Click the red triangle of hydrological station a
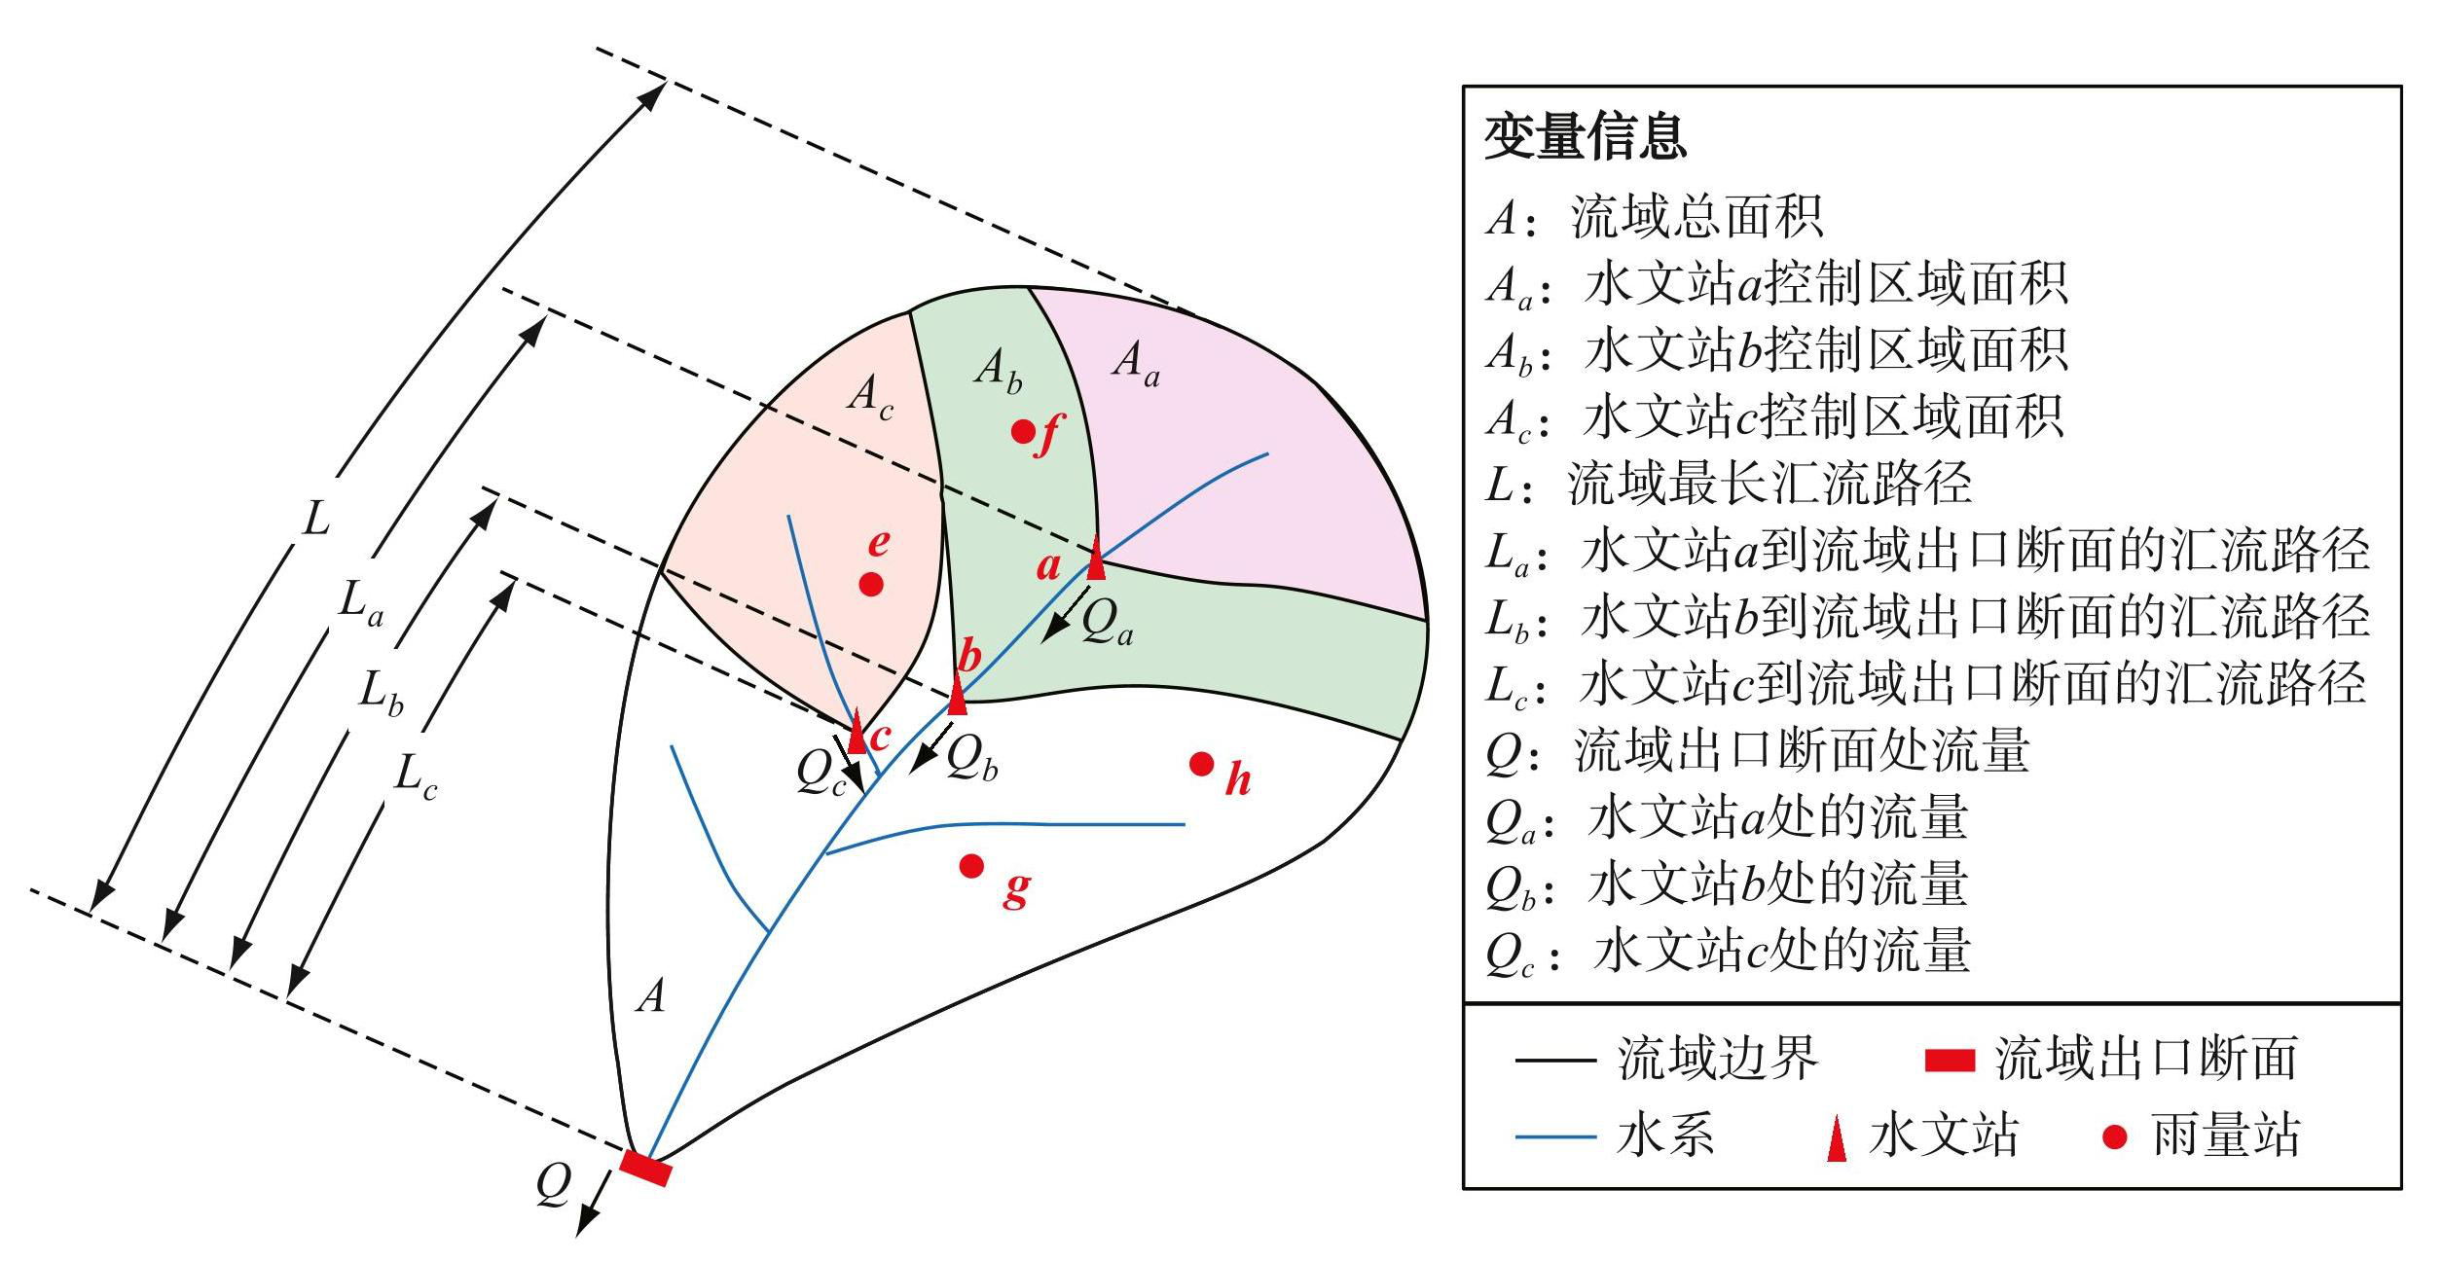tap(1096, 558)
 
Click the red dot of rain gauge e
tap(871, 585)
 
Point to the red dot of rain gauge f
tap(1022, 431)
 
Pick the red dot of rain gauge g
tap(971, 865)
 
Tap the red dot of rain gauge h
tap(1201, 764)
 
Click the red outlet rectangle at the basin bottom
tap(645, 1168)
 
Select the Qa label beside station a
tap(1108, 620)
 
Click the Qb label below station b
tap(972, 756)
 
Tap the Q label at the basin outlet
tap(553, 1185)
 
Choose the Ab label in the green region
tap(999, 371)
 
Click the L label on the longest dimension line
tap(315, 519)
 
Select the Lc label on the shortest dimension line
tap(416, 778)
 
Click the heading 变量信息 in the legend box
tap(1586, 136)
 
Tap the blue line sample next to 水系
tap(1555, 1136)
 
